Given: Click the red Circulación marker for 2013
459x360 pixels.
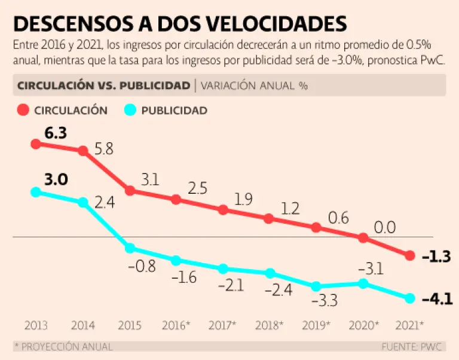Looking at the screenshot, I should (x=36, y=144).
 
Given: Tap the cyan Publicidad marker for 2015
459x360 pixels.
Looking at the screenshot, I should (x=130, y=248).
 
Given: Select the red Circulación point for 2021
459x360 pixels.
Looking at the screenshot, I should (x=410, y=255).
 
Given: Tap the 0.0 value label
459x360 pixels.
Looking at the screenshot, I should (x=384, y=227).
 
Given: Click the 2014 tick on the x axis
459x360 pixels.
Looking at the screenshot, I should (x=82, y=326).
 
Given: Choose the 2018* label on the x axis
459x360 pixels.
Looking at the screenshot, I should (x=269, y=326).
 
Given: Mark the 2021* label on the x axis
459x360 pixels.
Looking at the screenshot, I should (x=410, y=326).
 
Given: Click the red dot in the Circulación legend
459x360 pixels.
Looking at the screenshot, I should (x=23, y=110).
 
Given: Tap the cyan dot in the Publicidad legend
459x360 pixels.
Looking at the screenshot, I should (x=130, y=110).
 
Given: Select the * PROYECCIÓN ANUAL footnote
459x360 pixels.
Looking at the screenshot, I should (x=63, y=347).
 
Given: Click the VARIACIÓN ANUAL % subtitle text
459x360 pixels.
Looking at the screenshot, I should (x=254, y=85).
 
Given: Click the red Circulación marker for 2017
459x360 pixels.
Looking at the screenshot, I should (x=223, y=210).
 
